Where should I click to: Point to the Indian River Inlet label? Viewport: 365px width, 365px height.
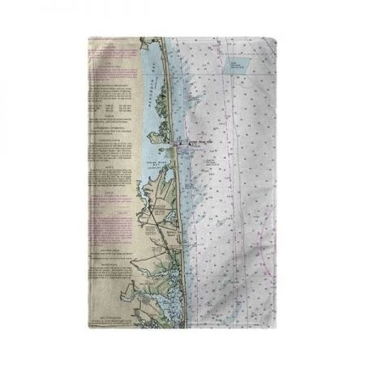pos(197,144)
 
